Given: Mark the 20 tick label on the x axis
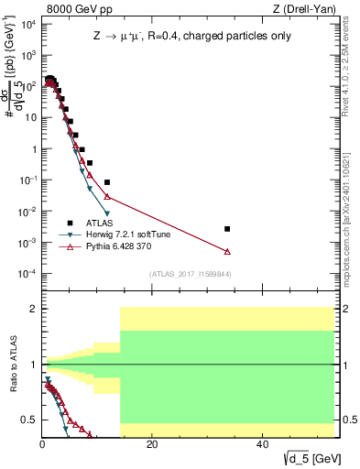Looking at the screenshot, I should tap(152, 444).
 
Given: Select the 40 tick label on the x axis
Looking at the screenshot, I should tap(262, 444).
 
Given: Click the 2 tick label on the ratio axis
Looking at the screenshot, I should tap(33, 309).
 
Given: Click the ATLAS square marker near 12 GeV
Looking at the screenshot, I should tap(107, 182).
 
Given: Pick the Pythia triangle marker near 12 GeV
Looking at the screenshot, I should tap(107, 197).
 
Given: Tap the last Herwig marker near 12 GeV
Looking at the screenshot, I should tap(107, 214).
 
